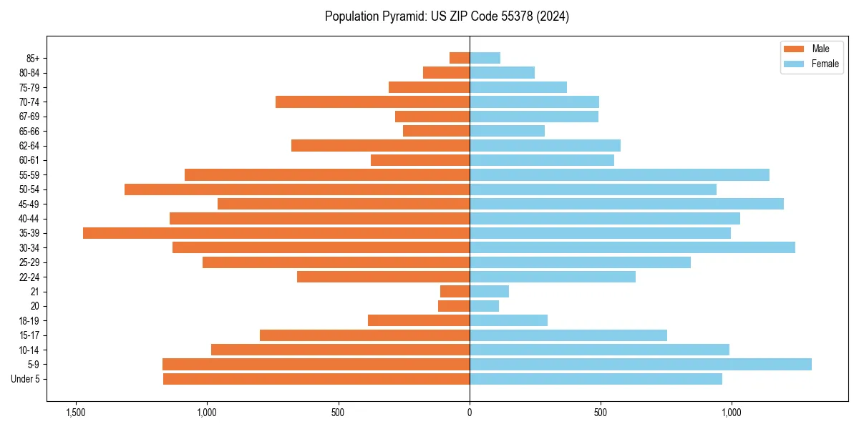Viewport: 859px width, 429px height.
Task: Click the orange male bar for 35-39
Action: (276, 233)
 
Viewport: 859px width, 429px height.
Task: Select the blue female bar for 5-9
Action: (641, 364)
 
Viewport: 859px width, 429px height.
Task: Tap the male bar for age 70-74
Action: (372, 102)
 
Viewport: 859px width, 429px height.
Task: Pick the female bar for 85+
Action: (485, 58)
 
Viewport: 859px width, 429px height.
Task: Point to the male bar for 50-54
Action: (297, 189)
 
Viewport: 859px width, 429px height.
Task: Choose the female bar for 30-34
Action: (632, 247)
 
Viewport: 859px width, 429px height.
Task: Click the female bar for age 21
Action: (489, 291)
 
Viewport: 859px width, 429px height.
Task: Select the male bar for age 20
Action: (454, 306)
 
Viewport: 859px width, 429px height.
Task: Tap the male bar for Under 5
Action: (316, 379)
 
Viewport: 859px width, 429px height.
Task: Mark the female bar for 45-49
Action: (626, 204)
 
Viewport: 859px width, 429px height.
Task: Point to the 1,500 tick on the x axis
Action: (75, 413)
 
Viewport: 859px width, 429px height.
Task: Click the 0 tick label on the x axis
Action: (470, 413)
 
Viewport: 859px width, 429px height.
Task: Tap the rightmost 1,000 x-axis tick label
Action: (732, 413)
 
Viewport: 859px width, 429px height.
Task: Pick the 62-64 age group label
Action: (29, 146)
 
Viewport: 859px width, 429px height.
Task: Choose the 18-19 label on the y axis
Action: (29, 321)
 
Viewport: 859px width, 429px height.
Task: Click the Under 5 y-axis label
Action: (26, 379)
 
